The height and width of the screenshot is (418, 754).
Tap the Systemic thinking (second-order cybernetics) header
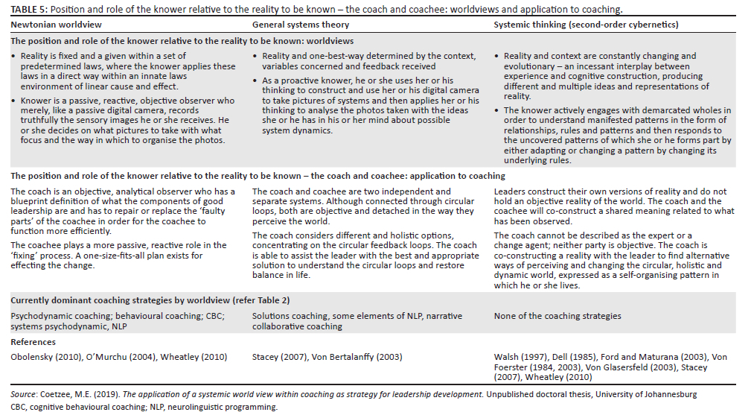point(586,25)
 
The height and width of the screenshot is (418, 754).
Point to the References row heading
point(33,342)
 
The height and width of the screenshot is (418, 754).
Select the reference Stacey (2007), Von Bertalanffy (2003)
point(327,357)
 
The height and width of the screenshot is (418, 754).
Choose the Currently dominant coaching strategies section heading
point(150,300)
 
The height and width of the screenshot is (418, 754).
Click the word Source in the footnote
point(25,394)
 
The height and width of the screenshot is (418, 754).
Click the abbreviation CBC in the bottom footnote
point(18,407)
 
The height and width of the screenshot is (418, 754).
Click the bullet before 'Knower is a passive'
point(15,101)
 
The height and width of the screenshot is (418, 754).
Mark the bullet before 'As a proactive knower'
point(256,80)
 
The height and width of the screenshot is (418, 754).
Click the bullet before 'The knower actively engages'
point(497,110)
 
